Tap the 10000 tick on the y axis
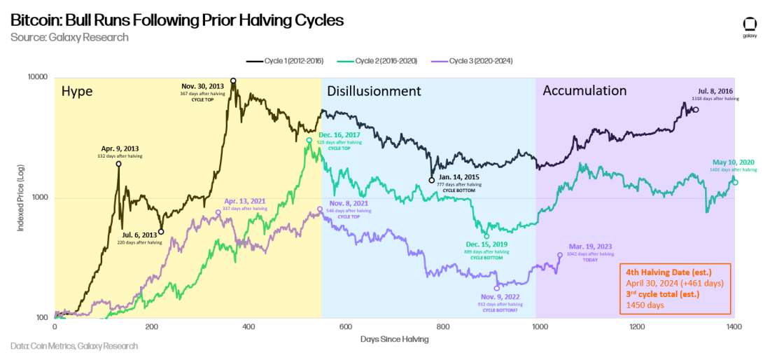click(x=37, y=77)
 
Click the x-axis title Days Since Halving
click(x=395, y=339)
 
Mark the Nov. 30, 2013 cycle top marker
click(x=233, y=81)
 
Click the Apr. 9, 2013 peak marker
click(x=118, y=164)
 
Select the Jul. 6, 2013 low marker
click(x=161, y=232)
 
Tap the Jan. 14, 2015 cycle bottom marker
click(x=432, y=180)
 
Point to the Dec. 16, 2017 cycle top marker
click(x=309, y=141)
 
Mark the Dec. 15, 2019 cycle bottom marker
click(x=486, y=236)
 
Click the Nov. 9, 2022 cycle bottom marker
click(x=497, y=288)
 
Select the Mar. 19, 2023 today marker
click(x=559, y=255)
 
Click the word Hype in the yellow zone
click(x=77, y=91)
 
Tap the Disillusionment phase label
click(x=374, y=91)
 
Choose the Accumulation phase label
click(x=584, y=90)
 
